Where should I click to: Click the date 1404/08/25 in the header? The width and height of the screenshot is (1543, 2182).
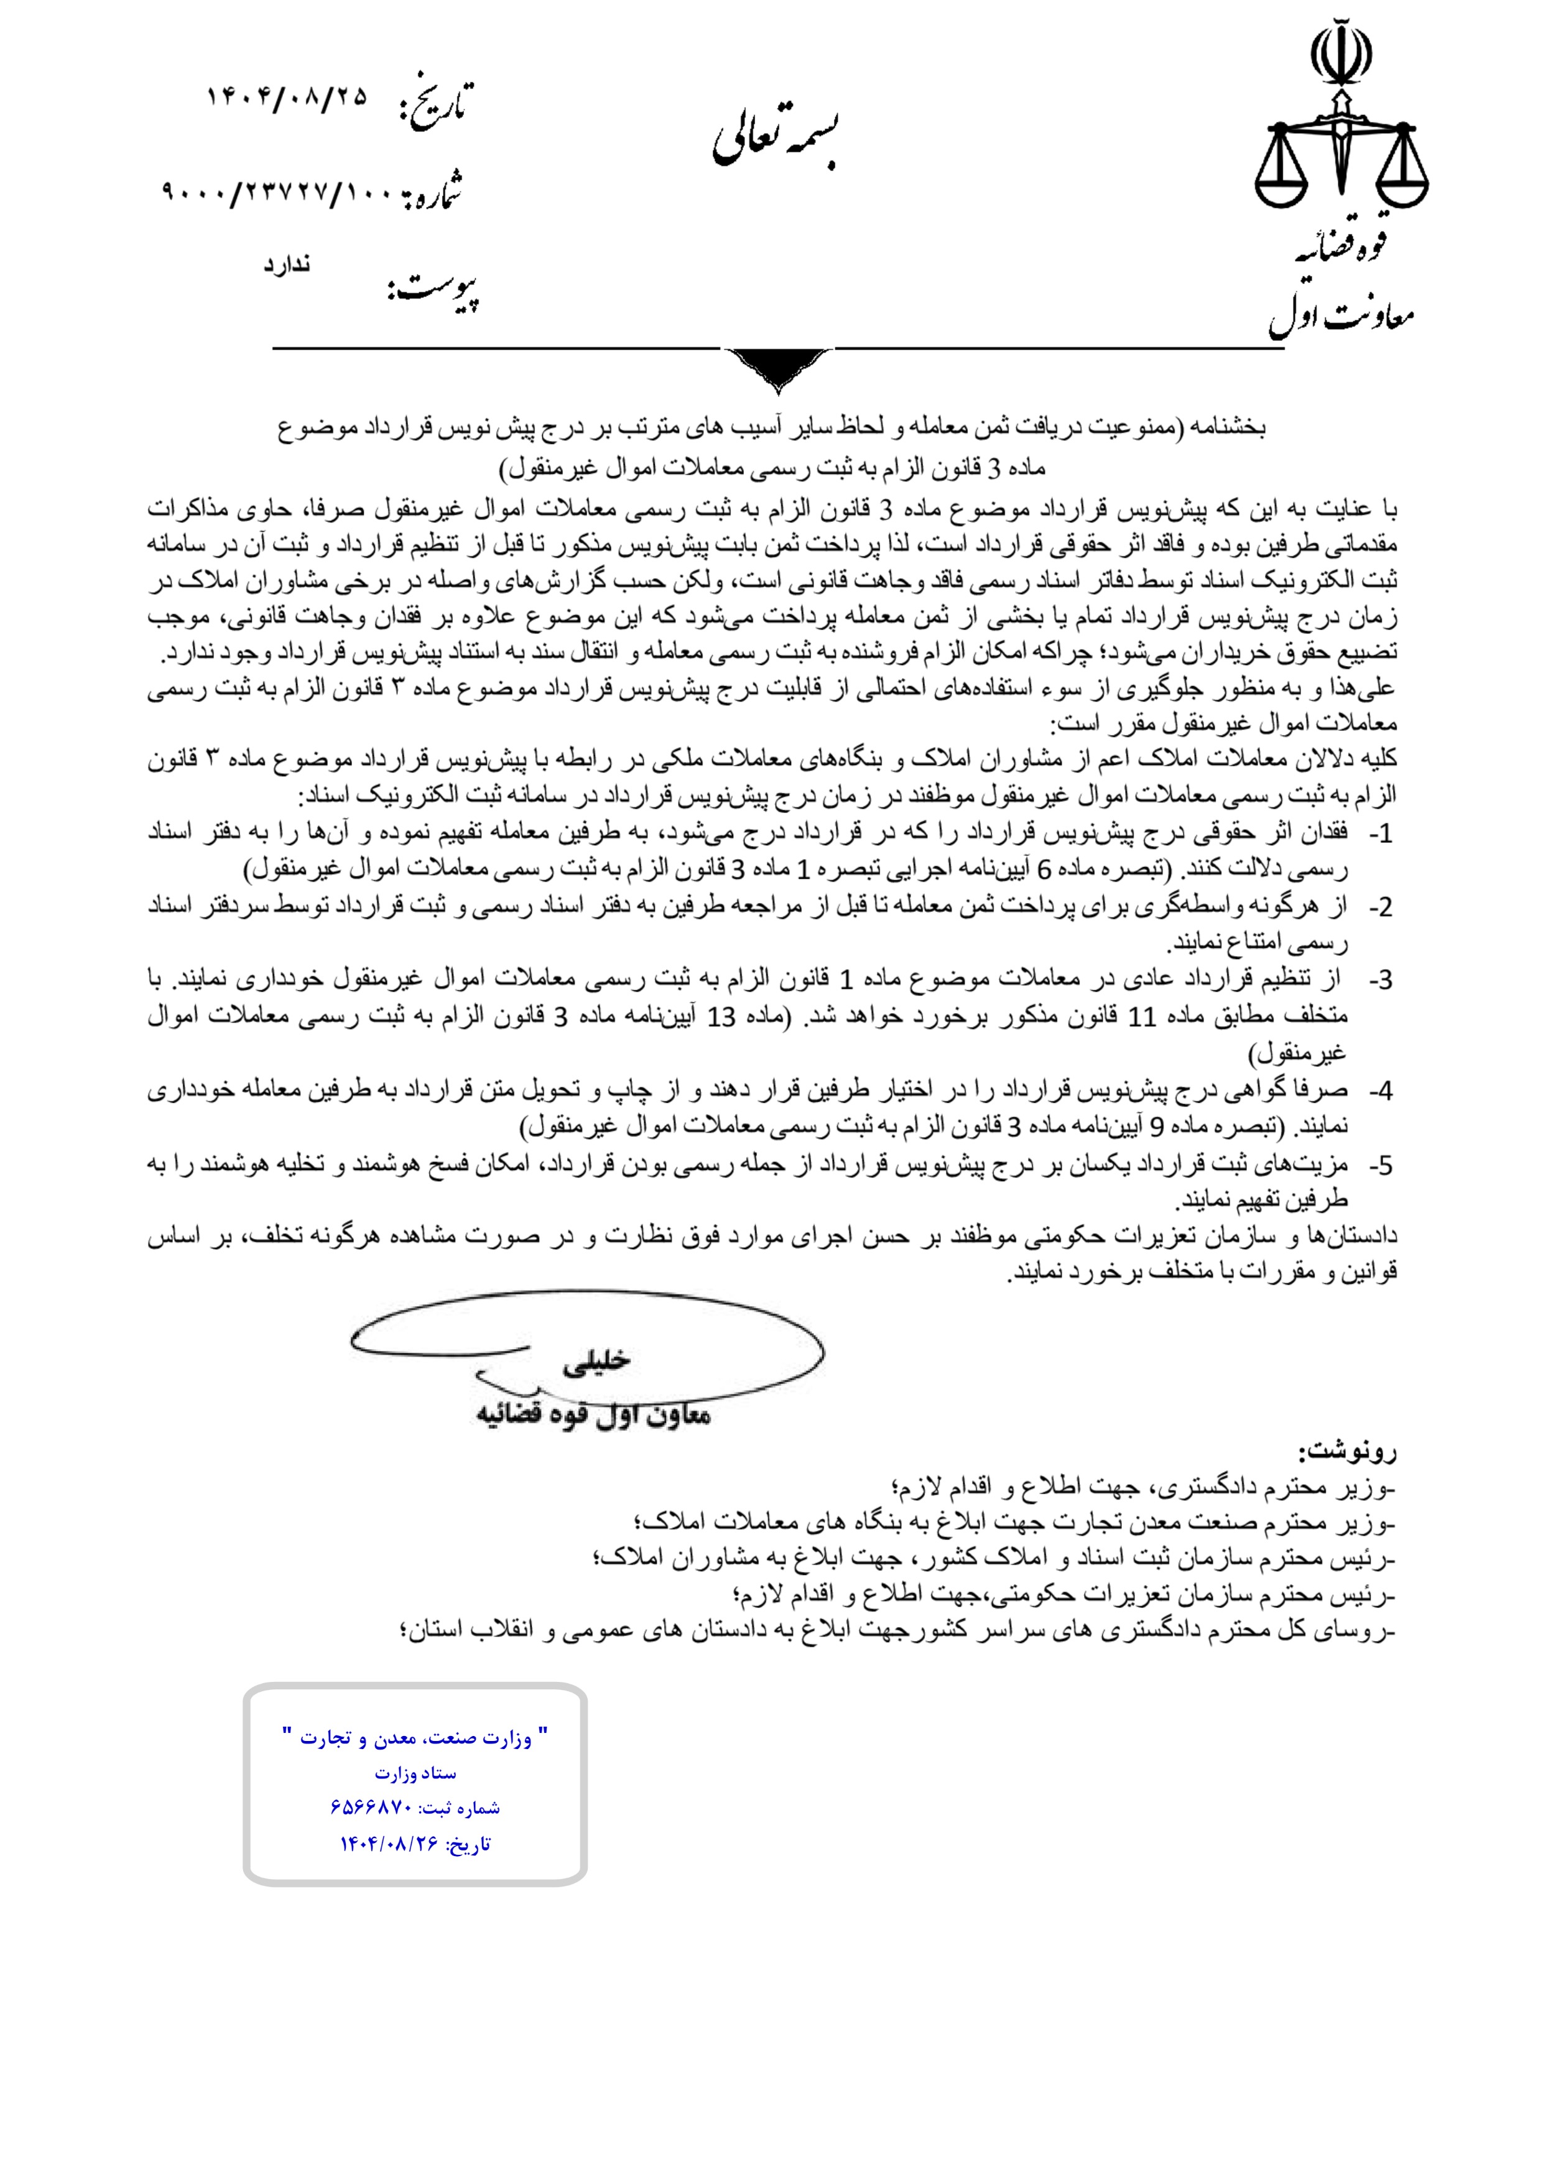pos(286,96)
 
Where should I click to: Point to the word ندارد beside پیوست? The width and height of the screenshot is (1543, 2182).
pos(287,265)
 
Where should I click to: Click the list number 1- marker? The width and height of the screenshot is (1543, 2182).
pos(1379,834)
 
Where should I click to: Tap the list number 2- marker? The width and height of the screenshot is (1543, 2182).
pos(1379,908)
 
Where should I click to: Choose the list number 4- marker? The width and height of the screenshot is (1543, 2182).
pos(1379,1091)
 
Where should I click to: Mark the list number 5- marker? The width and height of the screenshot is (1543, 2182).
pos(1379,1165)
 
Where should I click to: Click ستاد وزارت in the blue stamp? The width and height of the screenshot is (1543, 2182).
pos(415,1772)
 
